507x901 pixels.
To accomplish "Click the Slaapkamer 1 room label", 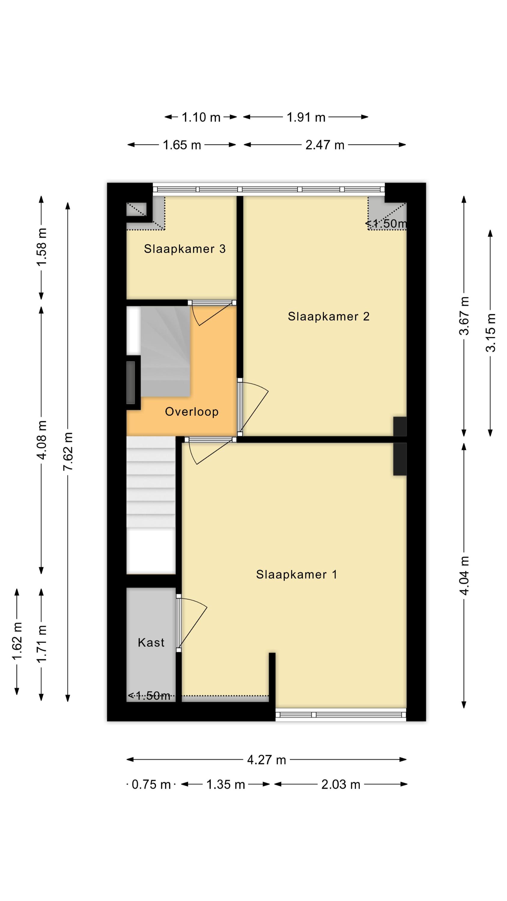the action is pos(296,574).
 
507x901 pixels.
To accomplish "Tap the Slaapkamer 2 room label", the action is pos(329,316).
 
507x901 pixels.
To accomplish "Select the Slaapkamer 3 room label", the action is pos(185,249).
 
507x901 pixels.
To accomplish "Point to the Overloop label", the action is pos(192,412).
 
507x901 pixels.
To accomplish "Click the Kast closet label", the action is pos(151,642).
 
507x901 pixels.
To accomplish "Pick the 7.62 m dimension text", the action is pos(68,451).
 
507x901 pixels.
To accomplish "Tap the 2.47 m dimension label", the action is pos(325,145).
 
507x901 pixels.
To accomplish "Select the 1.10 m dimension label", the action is pos(201,117).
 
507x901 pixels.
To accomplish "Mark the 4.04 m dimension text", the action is pos(464,576).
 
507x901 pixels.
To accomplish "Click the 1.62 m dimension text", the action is pos(17,641).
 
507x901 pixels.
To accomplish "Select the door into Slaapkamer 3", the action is pos(212,313).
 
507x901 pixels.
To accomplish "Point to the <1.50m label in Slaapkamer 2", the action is pos(386,223).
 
